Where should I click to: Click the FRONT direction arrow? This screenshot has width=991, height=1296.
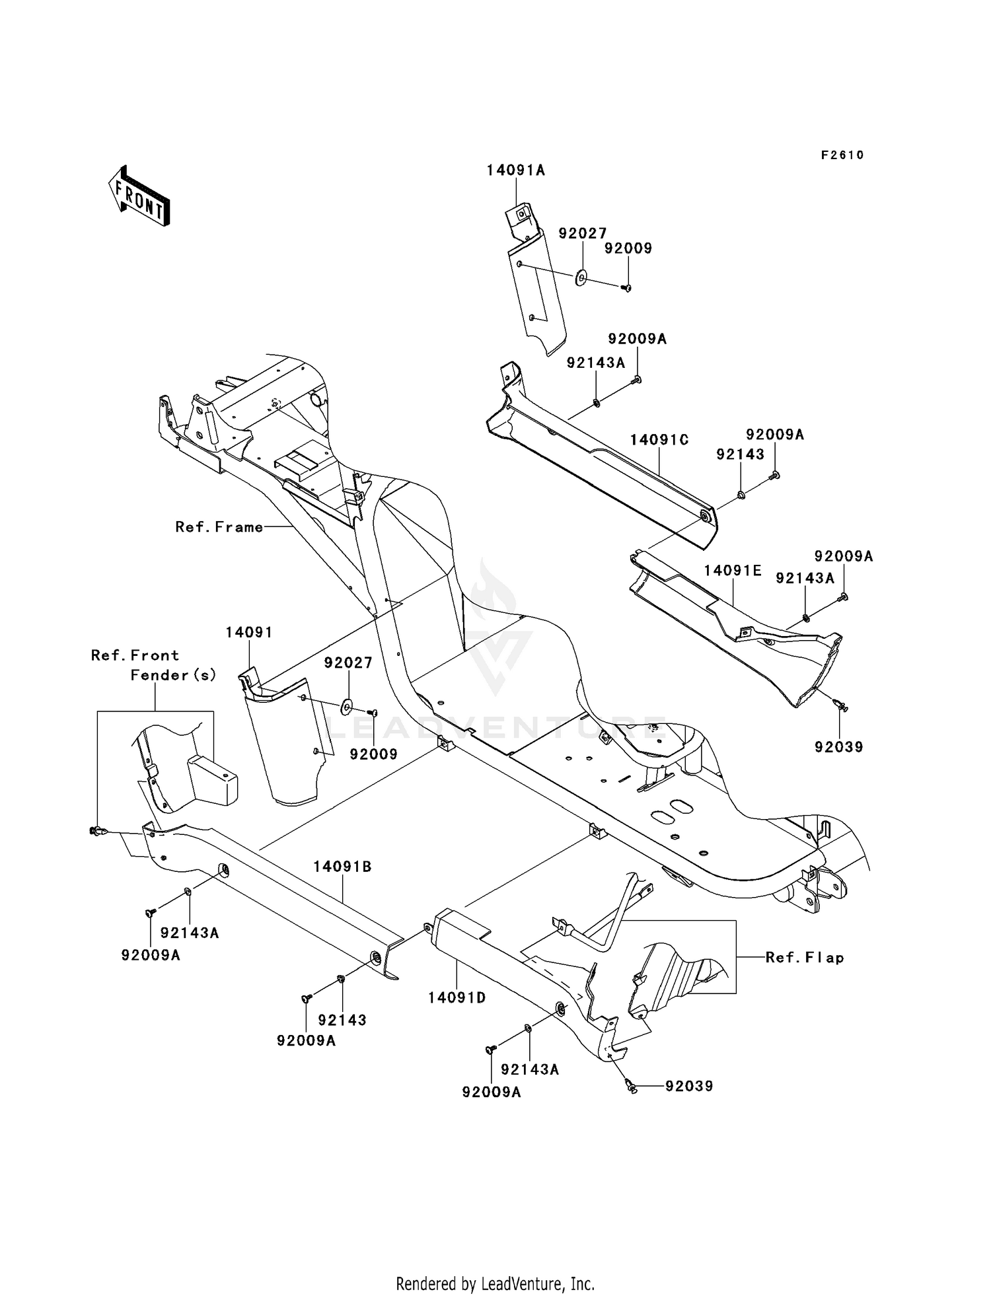click(x=139, y=196)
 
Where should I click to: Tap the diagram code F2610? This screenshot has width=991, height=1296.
click(x=842, y=155)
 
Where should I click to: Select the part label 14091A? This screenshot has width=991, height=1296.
click(x=515, y=170)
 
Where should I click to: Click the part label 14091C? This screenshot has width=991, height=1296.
click(x=659, y=440)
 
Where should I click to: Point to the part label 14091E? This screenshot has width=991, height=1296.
click(x=733, y=570)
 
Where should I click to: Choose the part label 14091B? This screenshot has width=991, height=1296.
click(x=342, y=867)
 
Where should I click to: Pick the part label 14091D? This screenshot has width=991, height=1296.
click(x=457, y=997)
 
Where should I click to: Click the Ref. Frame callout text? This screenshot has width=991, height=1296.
click(x=219, y=527)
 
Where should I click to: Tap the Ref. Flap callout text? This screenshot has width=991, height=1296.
click(x=805, y=957)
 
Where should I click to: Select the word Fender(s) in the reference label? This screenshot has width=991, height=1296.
click(x=174, y=675)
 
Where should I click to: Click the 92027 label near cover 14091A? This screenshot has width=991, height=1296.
click(x=583, y=233)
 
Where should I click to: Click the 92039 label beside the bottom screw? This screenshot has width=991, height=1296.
click(x=689, y=1086)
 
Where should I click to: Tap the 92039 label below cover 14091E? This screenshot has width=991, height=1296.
click(x=839, y=747)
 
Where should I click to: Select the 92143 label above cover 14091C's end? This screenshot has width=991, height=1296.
click(x=741, y=454)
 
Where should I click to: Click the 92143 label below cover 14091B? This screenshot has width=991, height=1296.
click(x=342, y=1020)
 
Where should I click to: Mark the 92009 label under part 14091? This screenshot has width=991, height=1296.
click(x=373, y=754)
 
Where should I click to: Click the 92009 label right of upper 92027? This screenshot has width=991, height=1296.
click(x=628, y=248)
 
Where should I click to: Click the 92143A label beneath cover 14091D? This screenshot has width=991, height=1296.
click(x=530, y=1069)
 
